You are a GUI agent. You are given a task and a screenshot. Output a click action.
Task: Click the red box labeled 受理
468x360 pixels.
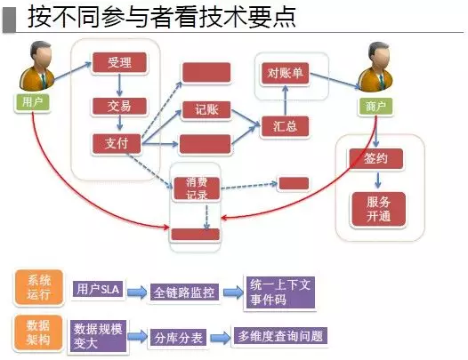tap(119, 62)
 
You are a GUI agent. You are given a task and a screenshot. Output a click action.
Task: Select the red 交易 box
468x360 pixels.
tap(119, 106)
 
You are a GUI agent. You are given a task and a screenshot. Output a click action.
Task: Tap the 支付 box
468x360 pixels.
tap(117, 144)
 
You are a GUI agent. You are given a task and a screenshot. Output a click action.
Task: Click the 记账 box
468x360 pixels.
tap(206, 109)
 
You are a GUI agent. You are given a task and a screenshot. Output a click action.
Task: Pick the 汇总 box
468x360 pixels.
tap(285, 126)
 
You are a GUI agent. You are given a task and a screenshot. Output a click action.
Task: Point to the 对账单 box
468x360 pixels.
tap(285, 73)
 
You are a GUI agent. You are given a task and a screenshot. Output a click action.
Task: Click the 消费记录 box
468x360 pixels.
tap(197, 188)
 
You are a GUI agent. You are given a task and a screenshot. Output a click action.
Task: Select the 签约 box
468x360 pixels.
tap(376, 159)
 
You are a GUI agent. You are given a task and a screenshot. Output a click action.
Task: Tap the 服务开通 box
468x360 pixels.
tap(378, 209)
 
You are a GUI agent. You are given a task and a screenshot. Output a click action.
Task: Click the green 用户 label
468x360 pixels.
tap(32, 102)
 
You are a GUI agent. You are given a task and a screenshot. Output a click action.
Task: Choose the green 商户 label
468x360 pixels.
tap(375, 106)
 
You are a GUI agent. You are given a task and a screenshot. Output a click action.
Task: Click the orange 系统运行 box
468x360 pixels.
tap(39, 287)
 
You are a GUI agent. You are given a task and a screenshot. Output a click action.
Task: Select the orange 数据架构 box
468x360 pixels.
tap(38, 332)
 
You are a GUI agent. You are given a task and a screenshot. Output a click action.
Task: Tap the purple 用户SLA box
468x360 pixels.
tap(98, 289)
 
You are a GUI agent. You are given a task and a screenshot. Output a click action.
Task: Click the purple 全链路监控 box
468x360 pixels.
tap(184, 292)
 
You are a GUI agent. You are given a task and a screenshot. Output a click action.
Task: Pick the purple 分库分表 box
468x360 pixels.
tap(178, 338)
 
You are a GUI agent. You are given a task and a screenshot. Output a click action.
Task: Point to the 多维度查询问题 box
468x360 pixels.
tap(280, 336)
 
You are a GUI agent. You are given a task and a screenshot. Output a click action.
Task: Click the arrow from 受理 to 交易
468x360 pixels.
tap(119, 85)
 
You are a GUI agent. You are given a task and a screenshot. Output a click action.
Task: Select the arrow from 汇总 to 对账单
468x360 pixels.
tap(285, 100)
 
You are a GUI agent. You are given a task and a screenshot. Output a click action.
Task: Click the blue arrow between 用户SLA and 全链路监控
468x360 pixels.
tap(137, 292)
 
